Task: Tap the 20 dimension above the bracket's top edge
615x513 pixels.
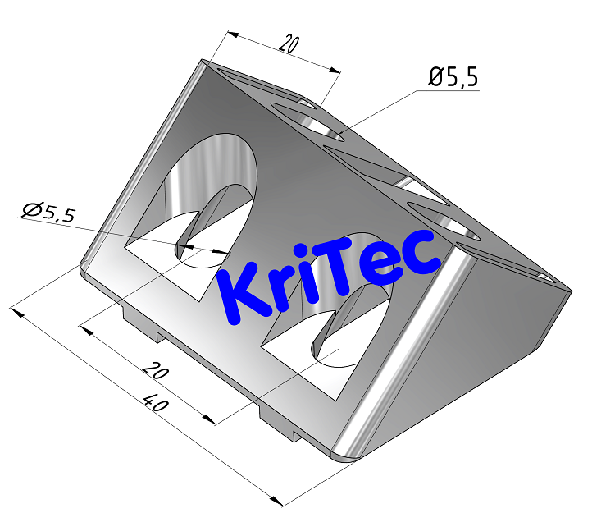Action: pyautogui.click(x=287, y=44)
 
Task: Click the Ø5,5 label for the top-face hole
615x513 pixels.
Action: pyautogui.click(x=453, y=77)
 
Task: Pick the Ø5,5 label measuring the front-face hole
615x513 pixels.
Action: pyautogui.click(x=48, y=213)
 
